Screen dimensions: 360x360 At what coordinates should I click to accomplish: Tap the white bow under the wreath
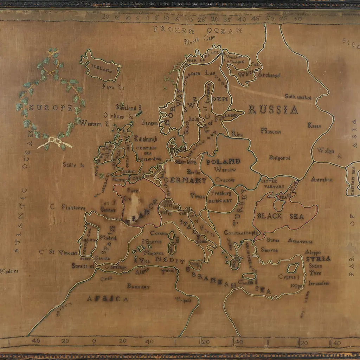pos(56,142)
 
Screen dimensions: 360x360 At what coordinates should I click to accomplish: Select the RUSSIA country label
pos(273,110)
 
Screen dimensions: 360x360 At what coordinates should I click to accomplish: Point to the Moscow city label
pos(271,131)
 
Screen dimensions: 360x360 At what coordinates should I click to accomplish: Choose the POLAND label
pos(223,162)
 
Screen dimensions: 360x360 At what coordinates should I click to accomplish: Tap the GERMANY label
pos(185,180)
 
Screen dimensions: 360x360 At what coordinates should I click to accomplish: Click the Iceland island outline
pos(101,67)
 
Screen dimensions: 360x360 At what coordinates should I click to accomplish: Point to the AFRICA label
pos(108,299)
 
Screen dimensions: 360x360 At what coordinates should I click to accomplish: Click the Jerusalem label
pos(319,283)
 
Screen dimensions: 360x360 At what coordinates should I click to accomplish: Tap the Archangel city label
pos(269,75)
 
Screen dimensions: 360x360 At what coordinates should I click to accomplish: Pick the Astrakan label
pos(321,179)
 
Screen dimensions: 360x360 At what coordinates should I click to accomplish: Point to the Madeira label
pos(9,271)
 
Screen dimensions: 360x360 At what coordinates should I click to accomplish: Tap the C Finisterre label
pos(67,207)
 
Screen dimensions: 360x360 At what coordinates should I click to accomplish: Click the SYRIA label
pos(318,259)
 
